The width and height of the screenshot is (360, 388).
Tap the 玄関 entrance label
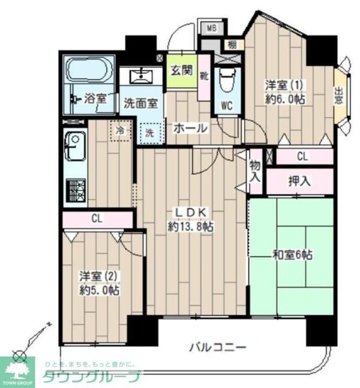click(x=180, y=70)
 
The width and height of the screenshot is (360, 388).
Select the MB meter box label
click(x=212, y=28)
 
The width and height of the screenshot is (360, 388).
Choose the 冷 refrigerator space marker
click(x=121, y=129)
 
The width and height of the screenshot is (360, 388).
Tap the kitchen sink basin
click(x=74, y=145)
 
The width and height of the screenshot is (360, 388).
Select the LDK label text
click(x=191, y=212)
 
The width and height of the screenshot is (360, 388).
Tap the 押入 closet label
click(x=299, y=181)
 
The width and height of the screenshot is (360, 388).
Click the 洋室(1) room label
click(x=285, y=86)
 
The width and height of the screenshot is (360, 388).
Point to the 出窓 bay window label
click(x=339, y=96)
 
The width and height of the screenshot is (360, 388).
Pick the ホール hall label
click(x=190, y=128)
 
